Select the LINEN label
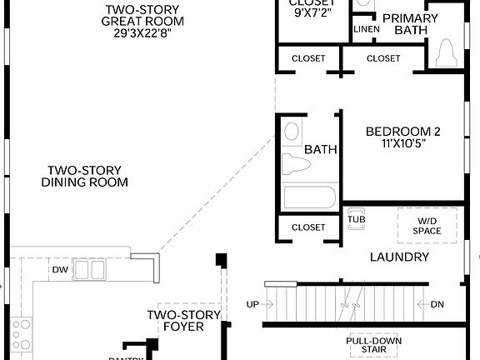(x=367, y=29)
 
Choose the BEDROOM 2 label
(x=403, y=132)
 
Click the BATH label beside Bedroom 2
(x=320, y=150)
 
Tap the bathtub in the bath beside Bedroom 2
(x=309, y=197)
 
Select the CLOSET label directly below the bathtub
(x=308, y=227)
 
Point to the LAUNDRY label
(x=399, y=257)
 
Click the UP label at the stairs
(x=252, y=304)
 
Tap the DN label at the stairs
(x=437, y=304)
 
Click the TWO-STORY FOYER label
(x=183, y=321)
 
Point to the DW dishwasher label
(x=60, y=270)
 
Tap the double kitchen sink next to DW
(x=89, y=269)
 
